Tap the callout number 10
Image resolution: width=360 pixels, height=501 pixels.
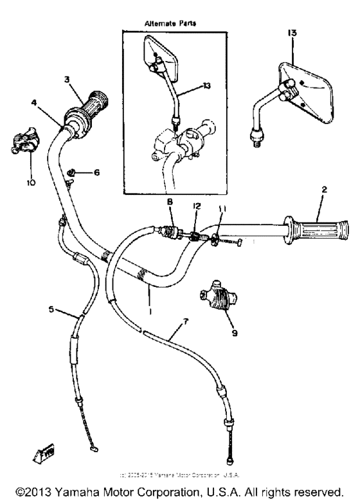click(x=31, y=182)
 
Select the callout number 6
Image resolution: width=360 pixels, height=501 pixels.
click(x=96, y=172)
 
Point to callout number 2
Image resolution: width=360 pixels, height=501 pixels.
click(x=325, y=190)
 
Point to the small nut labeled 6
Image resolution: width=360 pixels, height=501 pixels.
click(x=75, y=173)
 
